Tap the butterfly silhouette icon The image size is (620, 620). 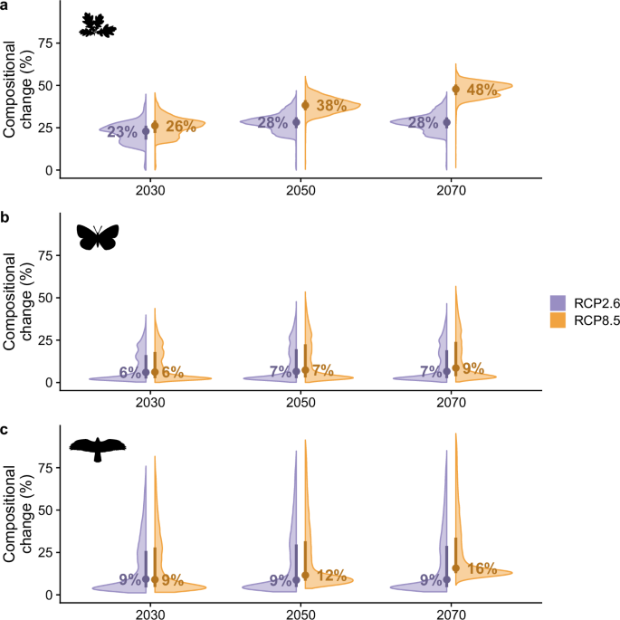[x=98, y=236]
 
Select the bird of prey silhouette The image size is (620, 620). [x=98, y=447]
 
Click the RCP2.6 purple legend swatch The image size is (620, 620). [x=558, y=302]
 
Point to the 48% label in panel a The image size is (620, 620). [x=482, y=91]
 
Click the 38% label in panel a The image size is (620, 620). [x=331, y=105]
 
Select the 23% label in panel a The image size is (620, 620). [x=122, y=132]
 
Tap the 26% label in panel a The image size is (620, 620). [x=180, y=127]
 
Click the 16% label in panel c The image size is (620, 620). [x=482, y=568]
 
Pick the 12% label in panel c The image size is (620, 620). [x=331, y=576]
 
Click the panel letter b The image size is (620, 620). [x=5, y=218]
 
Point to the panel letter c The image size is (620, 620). [x=5, y=430]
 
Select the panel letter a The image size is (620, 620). [x=5, y=5]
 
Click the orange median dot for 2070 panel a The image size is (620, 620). [x=456, y=90]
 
